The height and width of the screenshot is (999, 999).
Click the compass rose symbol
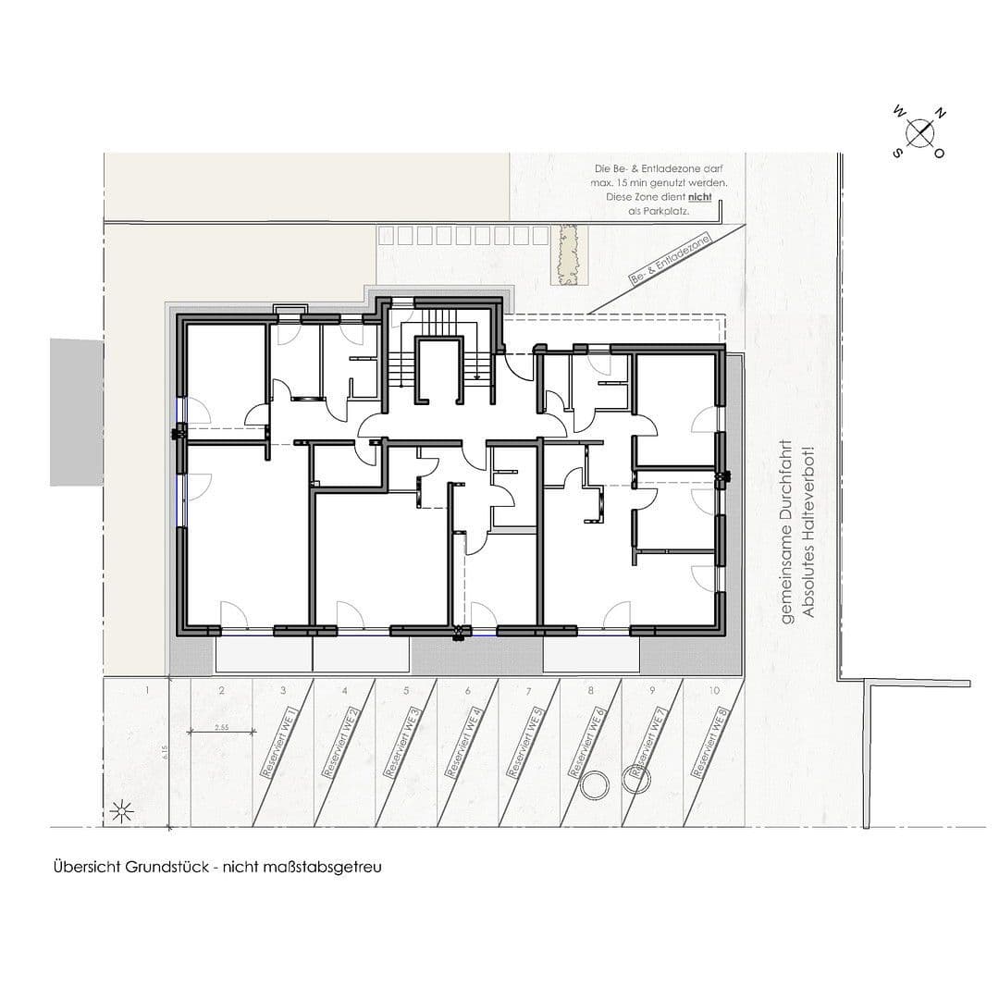[919, 133]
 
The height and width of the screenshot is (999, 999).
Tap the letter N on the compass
[941, 114]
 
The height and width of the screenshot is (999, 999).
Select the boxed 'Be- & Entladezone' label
[669, 260]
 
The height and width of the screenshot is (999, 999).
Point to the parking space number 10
[713, 691]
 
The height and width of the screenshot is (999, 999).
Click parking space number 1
[147, 691]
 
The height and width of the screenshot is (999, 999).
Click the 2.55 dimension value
[221, 728]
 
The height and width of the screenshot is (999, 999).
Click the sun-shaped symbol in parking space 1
[121, 813]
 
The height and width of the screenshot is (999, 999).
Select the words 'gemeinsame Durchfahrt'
[786, 531]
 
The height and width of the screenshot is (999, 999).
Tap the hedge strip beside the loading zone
[567, 256]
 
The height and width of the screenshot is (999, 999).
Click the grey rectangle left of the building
[77, 412]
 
